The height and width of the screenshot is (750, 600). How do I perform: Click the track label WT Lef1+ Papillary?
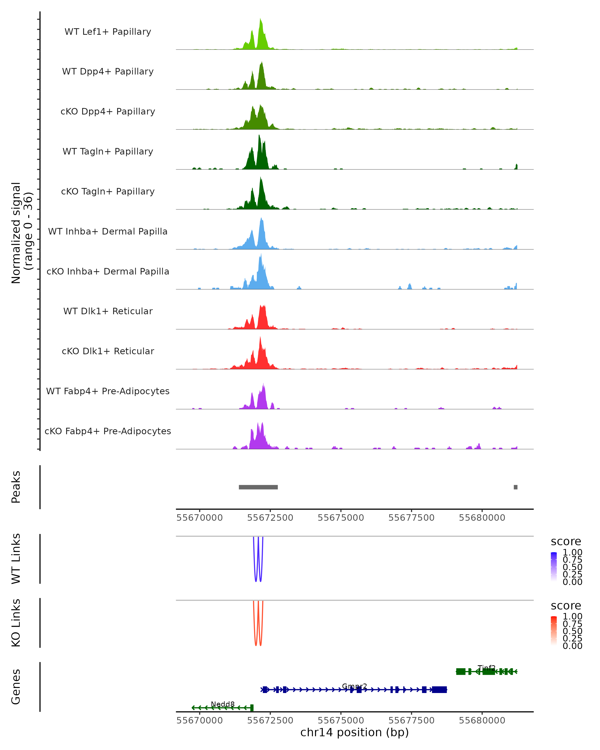[x=108, y=32]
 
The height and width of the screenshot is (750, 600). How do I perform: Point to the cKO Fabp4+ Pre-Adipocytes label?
[x=108, y=431]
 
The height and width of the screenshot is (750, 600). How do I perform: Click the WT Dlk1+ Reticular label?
[x=108, y=311]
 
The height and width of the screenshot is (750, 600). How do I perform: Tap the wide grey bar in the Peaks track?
[x=258, y=487]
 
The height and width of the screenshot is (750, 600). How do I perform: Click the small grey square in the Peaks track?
[x=515, y=487]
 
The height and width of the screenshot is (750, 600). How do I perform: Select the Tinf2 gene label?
[x=486, y=667]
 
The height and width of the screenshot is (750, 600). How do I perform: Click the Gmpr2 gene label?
[x=354, y=686]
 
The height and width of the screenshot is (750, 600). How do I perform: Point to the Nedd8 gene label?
[x=222, y=704]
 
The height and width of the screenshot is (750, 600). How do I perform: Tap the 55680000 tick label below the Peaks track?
[x=482, y=518]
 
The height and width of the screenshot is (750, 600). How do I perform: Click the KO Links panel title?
[x=16, y=623]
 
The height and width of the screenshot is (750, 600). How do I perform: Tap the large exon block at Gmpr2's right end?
[x=439, y=689]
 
